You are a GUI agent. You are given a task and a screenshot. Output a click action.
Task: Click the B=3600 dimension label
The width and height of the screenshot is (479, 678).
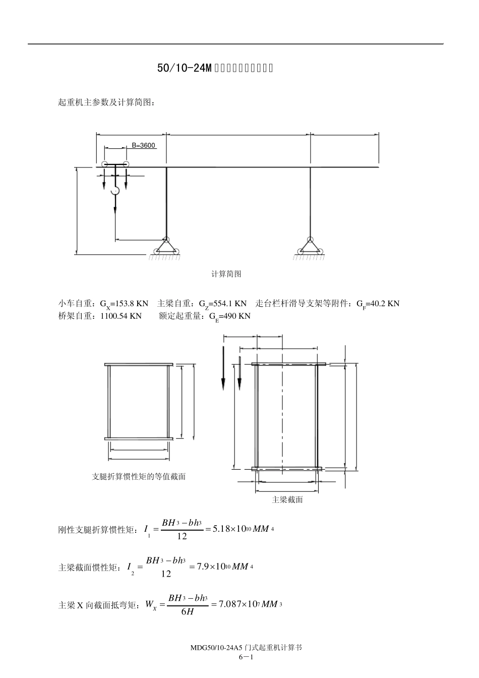[143, 146]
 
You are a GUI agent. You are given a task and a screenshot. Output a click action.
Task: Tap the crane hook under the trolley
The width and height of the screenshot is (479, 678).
[115, 191]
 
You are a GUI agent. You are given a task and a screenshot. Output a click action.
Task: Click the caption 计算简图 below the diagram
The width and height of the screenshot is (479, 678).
[226, 274]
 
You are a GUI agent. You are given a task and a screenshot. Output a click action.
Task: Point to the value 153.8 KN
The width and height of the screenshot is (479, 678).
[132, 303]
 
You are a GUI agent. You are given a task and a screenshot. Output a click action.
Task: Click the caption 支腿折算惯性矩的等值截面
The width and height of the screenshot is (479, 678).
[139, 476]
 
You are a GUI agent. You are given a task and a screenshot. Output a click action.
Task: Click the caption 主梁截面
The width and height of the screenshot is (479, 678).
[287, 500]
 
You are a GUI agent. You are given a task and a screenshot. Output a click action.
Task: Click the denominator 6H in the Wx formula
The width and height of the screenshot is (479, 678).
[187, 612]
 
